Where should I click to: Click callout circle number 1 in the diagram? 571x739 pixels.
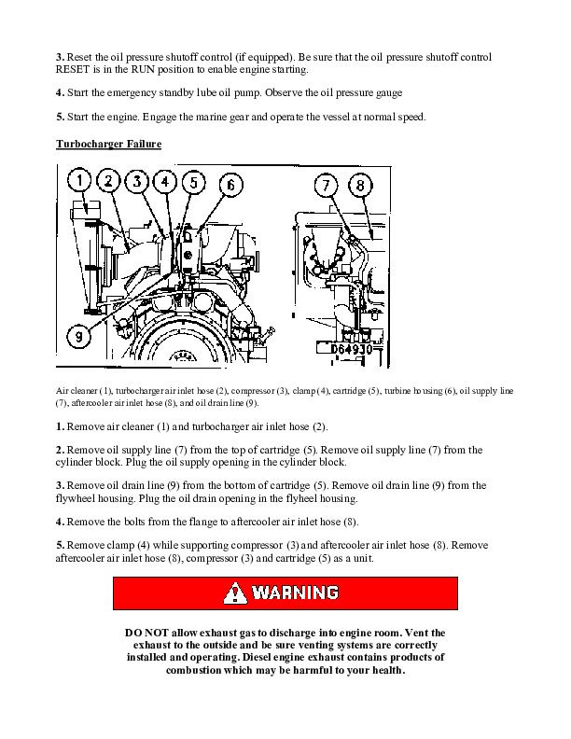pyautogui.click(x=82, y=181)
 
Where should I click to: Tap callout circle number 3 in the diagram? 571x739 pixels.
pyautogui.click(x=137, y=181)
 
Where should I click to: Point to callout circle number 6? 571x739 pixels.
pyautogui.click(x=229, y=185)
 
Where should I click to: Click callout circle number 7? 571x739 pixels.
pyautogui.click(x=326, y=186)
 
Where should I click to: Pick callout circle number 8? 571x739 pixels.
pyautogui.click(x=359, y=186)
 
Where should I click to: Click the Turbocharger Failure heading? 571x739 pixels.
pyautogui.click(x=108, y=144)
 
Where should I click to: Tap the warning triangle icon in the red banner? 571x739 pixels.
pyautogui.click(x=238, y=593)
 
